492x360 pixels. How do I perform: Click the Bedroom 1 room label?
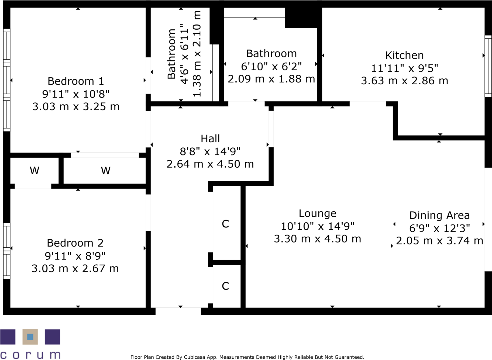pyautogui.click(x=75, y=81)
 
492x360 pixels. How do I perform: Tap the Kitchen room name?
pyautogui.click(x=404, y=56)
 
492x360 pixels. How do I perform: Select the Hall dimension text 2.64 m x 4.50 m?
pyautogui.click(x=210, y=164)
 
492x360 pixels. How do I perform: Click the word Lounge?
pyautogui.click(x=317, y=213)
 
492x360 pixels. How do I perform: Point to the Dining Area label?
pyautogui.click(x=439, y=215)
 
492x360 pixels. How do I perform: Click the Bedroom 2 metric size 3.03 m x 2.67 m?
pyautogui.click(x=75, y=269)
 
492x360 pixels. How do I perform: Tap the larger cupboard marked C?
pyautogui.click(x=225, y=224)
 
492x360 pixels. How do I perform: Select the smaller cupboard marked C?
pyautogui.click(x=225, y=286)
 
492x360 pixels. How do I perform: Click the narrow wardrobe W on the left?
pyautogui.click(x=35, y=171)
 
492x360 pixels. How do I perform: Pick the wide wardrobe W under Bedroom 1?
pyautogui.click(x=106, y=171)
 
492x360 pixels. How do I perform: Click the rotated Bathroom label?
pyautogui.click(x=172, y=54)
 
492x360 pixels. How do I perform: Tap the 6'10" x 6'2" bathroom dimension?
pyautogui.click(x=271, y=66)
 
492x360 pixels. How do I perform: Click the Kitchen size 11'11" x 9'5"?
pyautogui.click(x=404, y=68)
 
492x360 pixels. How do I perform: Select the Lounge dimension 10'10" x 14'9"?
pyautogui.click(x=317, y=226)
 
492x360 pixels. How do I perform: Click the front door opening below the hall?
pyautogui.click(x=178, y=311)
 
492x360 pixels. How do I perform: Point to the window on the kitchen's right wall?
pyautogui.click(x=488, y=66)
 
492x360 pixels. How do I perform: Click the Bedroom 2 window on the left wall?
pyautogui.click(x=7, y=251)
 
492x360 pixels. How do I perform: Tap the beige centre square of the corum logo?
pyautogui.click(x=30, y=337)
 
